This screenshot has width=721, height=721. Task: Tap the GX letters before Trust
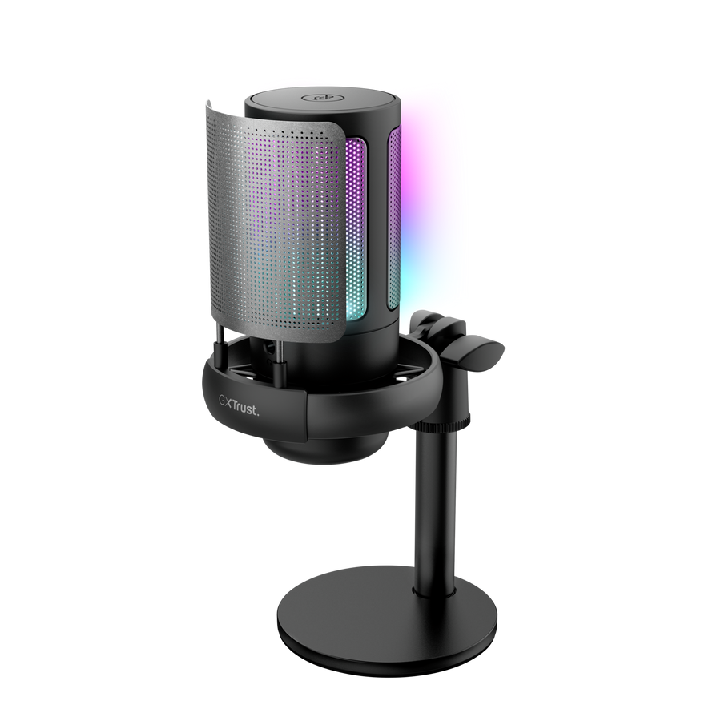227,400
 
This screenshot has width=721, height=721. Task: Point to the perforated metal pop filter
264,216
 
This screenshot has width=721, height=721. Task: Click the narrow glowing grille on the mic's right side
394,216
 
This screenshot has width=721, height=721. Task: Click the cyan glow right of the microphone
433,264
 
